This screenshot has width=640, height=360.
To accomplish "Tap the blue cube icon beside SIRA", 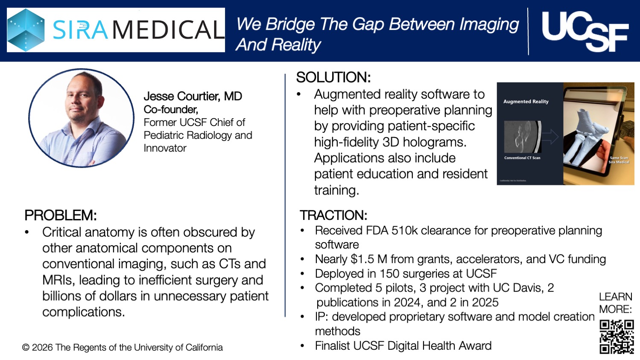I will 26,30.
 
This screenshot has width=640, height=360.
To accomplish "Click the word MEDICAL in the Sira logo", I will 168,30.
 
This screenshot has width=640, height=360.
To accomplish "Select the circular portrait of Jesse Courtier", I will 82,118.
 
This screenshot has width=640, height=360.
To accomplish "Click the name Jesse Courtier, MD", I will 193,96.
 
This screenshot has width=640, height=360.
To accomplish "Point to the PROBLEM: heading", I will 60,215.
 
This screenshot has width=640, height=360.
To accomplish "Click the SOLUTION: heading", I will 333,77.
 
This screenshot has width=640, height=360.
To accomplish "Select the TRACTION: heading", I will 333,215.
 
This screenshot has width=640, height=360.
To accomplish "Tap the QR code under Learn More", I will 616,337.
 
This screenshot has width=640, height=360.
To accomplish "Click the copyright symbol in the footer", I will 26,348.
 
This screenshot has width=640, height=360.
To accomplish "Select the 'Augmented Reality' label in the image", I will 526,102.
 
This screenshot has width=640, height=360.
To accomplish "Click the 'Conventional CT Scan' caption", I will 522,158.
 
